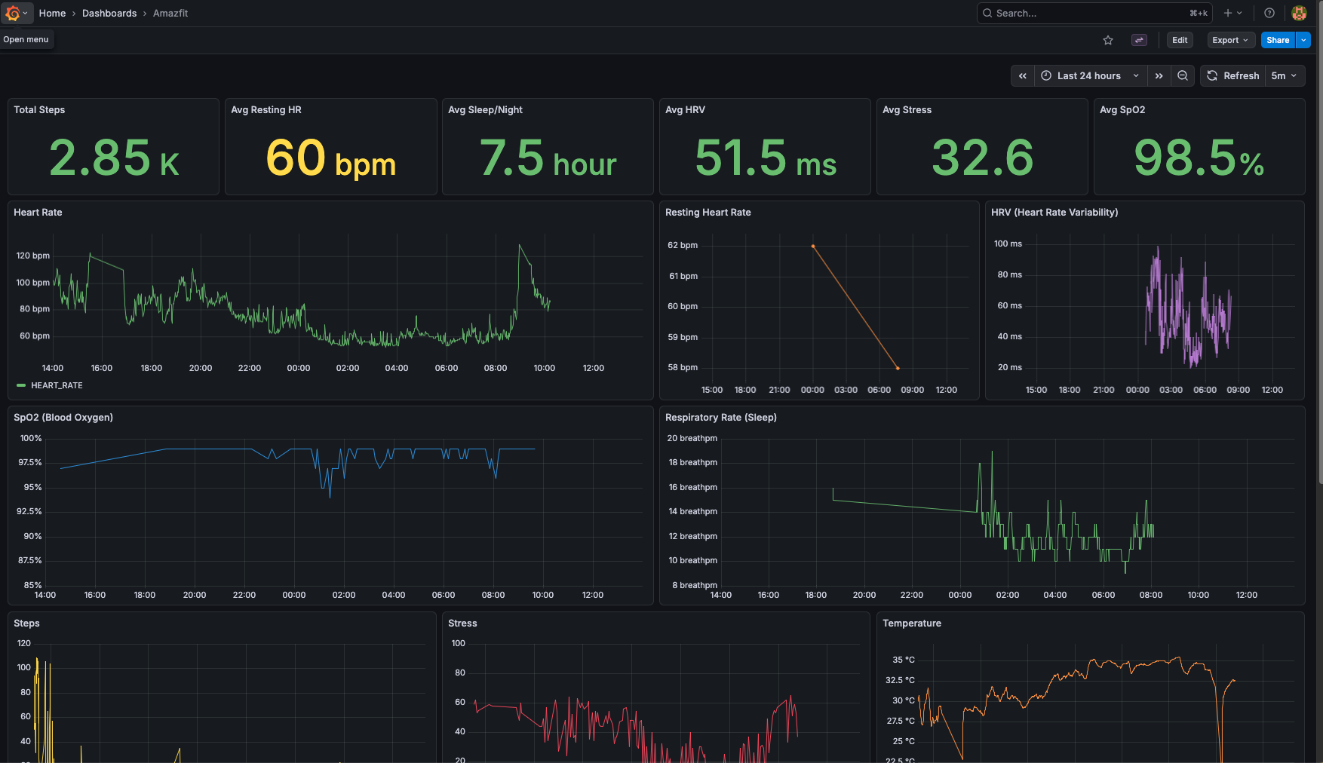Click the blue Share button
[x=1277, y=40]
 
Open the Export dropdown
[x=1229, y=40]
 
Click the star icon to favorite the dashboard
[x=1108, y=40]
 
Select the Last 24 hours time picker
[x=1089, y=75]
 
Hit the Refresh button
[x=1233, y=75]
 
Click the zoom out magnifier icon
[x=1183, y=75]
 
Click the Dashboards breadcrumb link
[x=109, y=13]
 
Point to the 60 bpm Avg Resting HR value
[x=330, y=158]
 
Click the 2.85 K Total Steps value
[x=114, y=158]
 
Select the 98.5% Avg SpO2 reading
[x=1199, y=158]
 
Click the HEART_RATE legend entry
[x=56, y=385]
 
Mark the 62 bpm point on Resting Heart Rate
[x=812, y=246]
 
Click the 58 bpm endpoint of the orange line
[x=898, y=368]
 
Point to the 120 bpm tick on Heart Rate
[x=33, y=256]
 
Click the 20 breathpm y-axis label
[x=692, y=438]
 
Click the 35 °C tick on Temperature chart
[x=903, y=660]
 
